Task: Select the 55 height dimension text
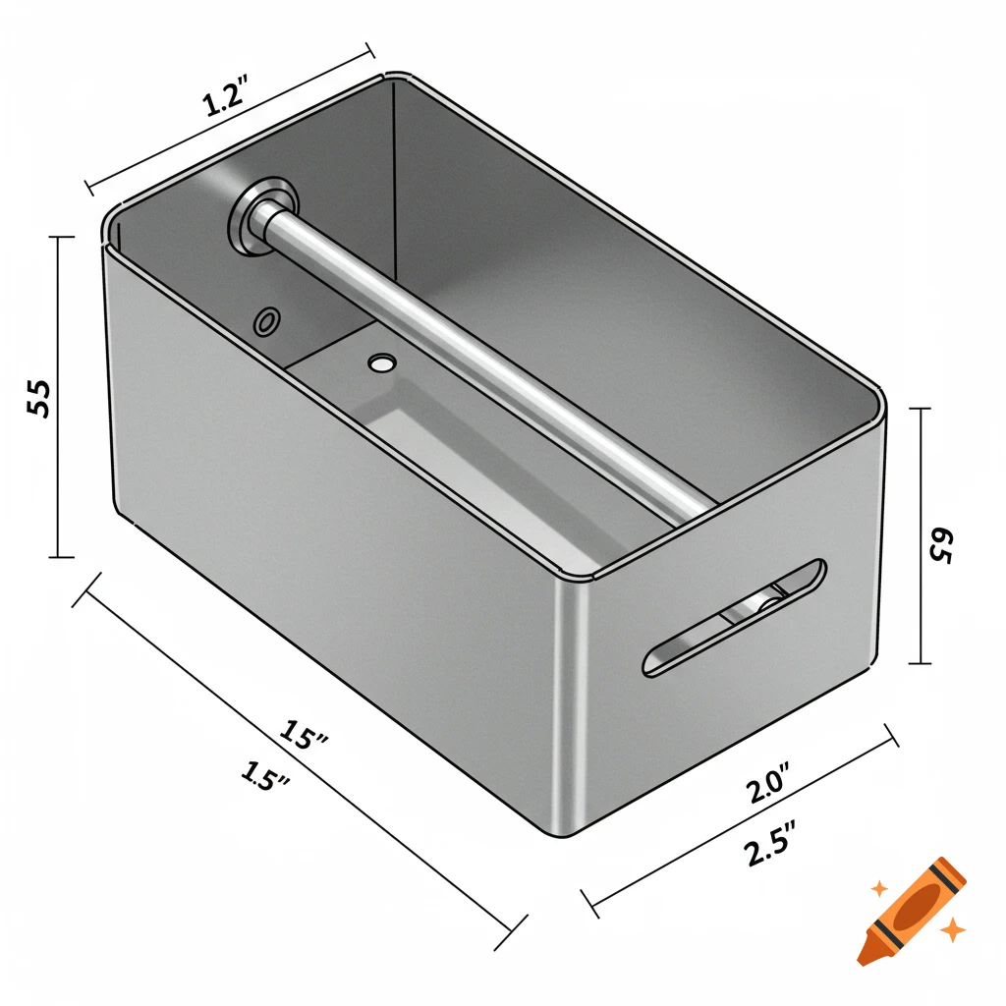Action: coord(39,398)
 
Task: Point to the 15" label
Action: coord(303,734)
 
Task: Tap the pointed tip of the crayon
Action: coord(866,954)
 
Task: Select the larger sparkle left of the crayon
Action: coord(879,888)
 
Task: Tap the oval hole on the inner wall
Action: coord(266,321)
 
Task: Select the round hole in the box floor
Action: coord(379,363)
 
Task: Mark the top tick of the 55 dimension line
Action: coord(60,237)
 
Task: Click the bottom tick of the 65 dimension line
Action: coord(920,663)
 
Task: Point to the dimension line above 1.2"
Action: coord(231,115)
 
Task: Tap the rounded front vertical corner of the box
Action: coord(572,707)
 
